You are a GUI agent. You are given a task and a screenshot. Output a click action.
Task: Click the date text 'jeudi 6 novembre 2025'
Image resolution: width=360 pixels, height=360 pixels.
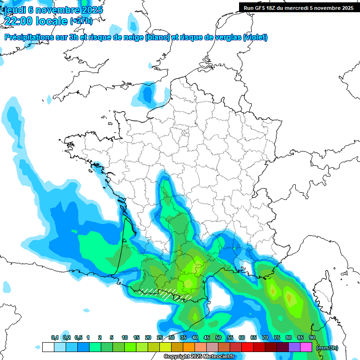(53, 10)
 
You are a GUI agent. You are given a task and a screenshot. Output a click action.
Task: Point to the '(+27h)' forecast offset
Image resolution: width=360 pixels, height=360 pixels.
(81, 21)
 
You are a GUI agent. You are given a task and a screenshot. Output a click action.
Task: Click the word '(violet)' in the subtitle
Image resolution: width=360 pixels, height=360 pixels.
(255, 37)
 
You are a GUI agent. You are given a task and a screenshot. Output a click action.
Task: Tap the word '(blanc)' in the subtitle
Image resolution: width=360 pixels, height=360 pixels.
(157, 37)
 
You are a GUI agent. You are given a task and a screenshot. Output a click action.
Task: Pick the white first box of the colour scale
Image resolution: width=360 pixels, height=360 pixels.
(48, 347)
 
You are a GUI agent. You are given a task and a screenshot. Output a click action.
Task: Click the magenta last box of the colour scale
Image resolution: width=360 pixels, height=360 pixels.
(306, 347)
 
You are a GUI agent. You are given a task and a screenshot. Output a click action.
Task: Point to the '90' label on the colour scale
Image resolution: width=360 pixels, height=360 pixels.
(312, 337)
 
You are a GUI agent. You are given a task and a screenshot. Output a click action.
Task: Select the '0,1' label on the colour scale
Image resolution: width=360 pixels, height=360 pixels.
(54, 337)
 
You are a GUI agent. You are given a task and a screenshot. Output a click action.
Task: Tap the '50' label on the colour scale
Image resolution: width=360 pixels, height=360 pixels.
(218, 337)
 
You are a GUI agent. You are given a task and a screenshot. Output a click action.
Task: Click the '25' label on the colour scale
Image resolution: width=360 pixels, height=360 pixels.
(159, 337)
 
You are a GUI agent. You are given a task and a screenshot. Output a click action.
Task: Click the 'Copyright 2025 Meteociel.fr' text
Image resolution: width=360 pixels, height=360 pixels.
(199, 357)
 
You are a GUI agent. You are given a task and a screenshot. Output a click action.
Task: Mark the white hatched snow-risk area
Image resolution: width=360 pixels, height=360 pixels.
(166, 293)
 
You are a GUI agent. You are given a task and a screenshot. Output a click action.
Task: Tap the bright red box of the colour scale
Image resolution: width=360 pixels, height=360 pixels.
(247, 347)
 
